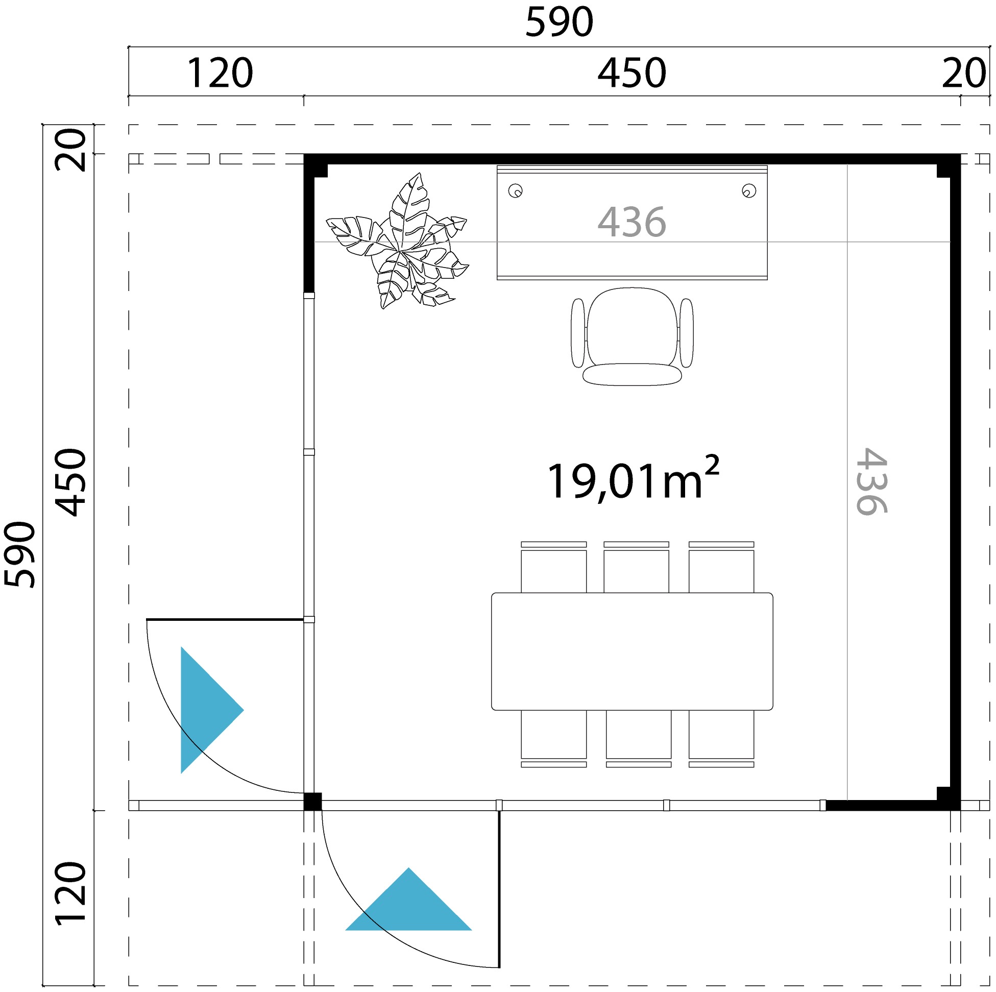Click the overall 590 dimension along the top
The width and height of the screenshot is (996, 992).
click(560, 22)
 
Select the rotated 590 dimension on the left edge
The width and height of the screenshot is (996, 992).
click(19, 554)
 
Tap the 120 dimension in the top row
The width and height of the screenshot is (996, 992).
click(220, 73)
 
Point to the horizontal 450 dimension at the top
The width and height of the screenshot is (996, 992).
click(631, 73)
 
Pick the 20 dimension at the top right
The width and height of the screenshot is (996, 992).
click(964, 73)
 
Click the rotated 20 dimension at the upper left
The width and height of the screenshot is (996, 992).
click(70, 150)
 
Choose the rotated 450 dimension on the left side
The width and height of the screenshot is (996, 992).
click(70, 482)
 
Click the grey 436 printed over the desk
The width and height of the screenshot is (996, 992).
click(631, 222)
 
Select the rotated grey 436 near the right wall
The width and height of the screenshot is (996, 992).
click(871, 481)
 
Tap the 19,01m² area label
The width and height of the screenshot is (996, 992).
click(633, 478)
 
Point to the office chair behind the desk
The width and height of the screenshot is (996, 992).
click(632, 336)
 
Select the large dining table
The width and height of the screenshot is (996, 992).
click(632, 651)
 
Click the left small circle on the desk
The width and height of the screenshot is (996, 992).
click(516, 191)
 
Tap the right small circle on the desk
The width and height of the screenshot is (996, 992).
click(749, 191)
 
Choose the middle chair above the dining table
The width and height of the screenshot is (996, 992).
click(636, 567)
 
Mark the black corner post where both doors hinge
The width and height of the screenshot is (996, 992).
click(312, 802)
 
